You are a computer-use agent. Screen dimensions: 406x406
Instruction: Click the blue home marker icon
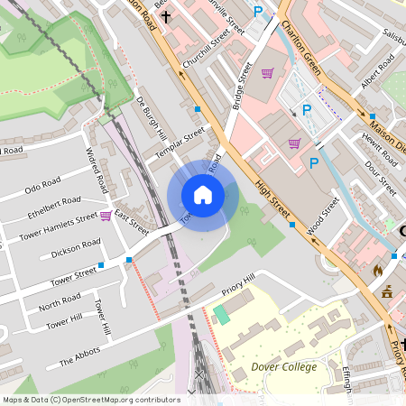pyautogui.click(x=203, y=195)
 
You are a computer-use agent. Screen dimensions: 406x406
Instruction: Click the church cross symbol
pyautogui.click(x=166, y=16)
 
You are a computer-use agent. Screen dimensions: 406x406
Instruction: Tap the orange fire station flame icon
pyautogui.click(x=378, y=270)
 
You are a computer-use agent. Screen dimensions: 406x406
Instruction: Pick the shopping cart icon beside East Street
pyautogui.click(x=106, y=216)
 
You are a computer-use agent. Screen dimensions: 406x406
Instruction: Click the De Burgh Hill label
pyautogui.click(x=152, y=117)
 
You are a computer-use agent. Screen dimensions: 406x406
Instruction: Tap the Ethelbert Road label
pyautogui.click(x=53, y=207)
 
